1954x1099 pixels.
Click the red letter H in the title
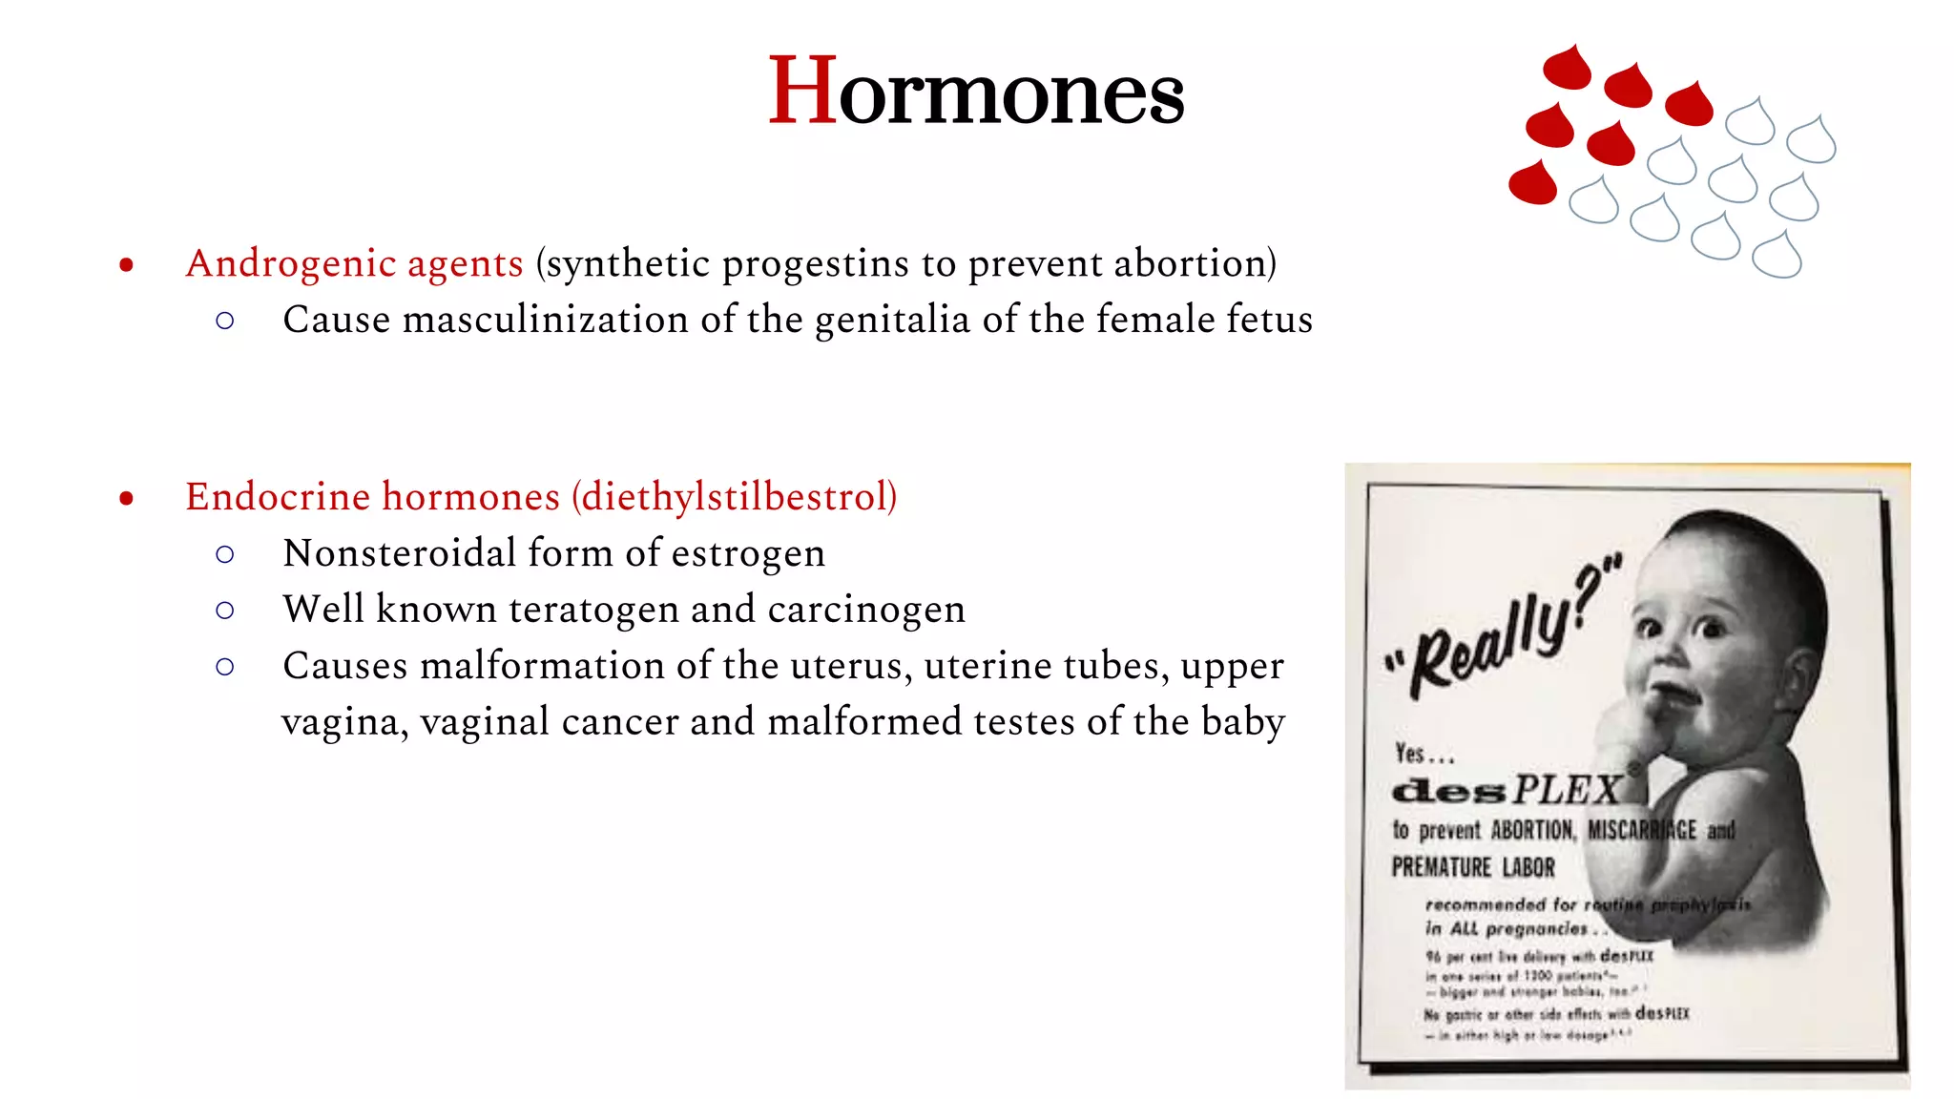802,92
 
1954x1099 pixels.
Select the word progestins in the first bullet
815,263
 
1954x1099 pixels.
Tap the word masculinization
545,320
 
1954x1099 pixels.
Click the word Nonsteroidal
399,553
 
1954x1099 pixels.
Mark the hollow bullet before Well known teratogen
225,611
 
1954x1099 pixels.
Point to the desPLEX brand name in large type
1507,790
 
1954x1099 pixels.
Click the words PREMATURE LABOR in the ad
1473,867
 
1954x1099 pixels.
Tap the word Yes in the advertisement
1410,754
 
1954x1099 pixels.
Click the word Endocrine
278,497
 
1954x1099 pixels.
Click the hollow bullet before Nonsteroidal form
225,554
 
